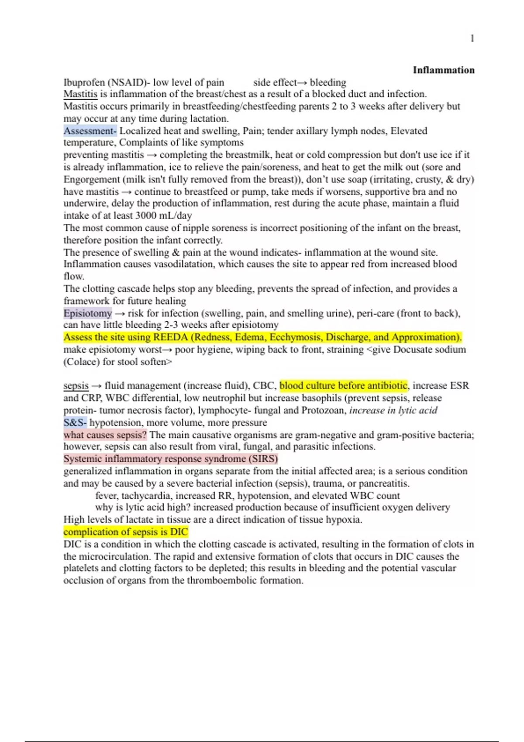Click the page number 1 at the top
click(472, 39)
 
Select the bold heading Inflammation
click(443, 70)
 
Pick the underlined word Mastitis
click(80, 94)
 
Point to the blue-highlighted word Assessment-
click(90, 131)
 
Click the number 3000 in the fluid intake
click(146, 216)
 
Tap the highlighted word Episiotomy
click(88, 313)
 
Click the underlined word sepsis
click(76, 386)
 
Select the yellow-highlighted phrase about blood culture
click(343, 386)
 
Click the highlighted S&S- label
click(75, 423)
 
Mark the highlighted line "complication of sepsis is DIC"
click(126, 532)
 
